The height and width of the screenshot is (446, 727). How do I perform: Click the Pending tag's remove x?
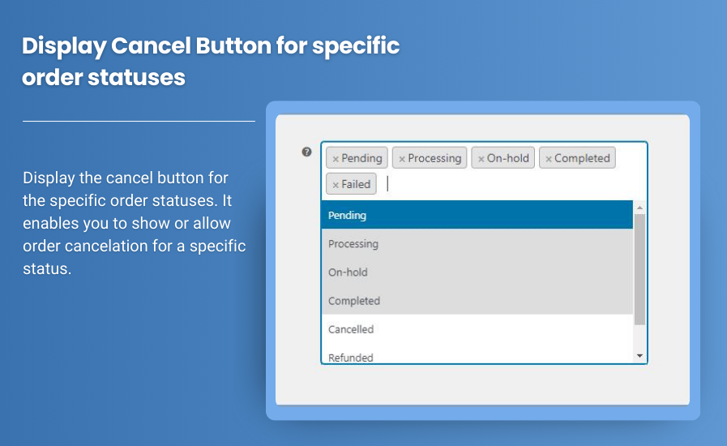pos(336,159)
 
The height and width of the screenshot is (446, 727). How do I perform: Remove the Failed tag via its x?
pos(336,185)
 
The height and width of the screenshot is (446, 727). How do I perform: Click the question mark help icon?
pos(306,152)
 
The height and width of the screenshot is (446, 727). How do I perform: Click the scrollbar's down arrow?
pos(639,356)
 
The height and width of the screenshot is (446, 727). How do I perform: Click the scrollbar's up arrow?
pos(639,207)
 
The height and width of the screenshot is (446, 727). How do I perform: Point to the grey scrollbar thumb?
pos(639,268)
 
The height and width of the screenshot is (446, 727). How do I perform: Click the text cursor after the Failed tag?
pos(388,184)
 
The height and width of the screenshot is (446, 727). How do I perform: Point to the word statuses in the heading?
pos(137,78)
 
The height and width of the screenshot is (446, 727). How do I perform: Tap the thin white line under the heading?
pos(139,121)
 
